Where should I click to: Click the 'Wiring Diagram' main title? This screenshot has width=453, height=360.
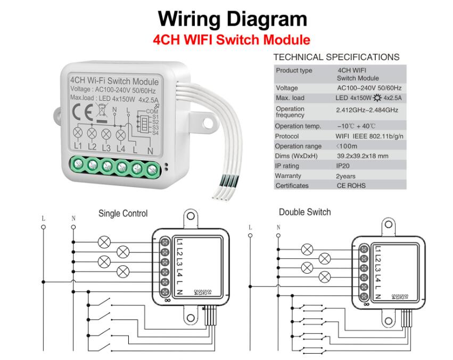pos(232,19)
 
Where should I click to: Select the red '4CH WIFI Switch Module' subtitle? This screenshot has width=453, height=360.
pos(231,39)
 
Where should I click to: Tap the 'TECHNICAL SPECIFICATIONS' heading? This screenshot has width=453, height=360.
pos(336,57)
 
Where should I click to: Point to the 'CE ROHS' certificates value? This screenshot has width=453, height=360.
pos(351,186)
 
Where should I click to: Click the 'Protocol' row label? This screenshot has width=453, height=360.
pos(287,136)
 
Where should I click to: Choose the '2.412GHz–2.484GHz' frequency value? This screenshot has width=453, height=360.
pos(367,110)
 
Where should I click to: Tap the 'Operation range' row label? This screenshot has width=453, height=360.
pos(298,146)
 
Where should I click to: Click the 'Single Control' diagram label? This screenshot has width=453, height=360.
pos(123,214)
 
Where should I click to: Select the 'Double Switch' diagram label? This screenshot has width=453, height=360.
pos(304,212)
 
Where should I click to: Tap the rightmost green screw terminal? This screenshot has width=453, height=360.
pos(153,170)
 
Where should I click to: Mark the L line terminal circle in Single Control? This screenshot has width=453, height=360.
pos(44,227)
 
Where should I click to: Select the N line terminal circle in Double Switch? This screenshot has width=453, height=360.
pos(278,236)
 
